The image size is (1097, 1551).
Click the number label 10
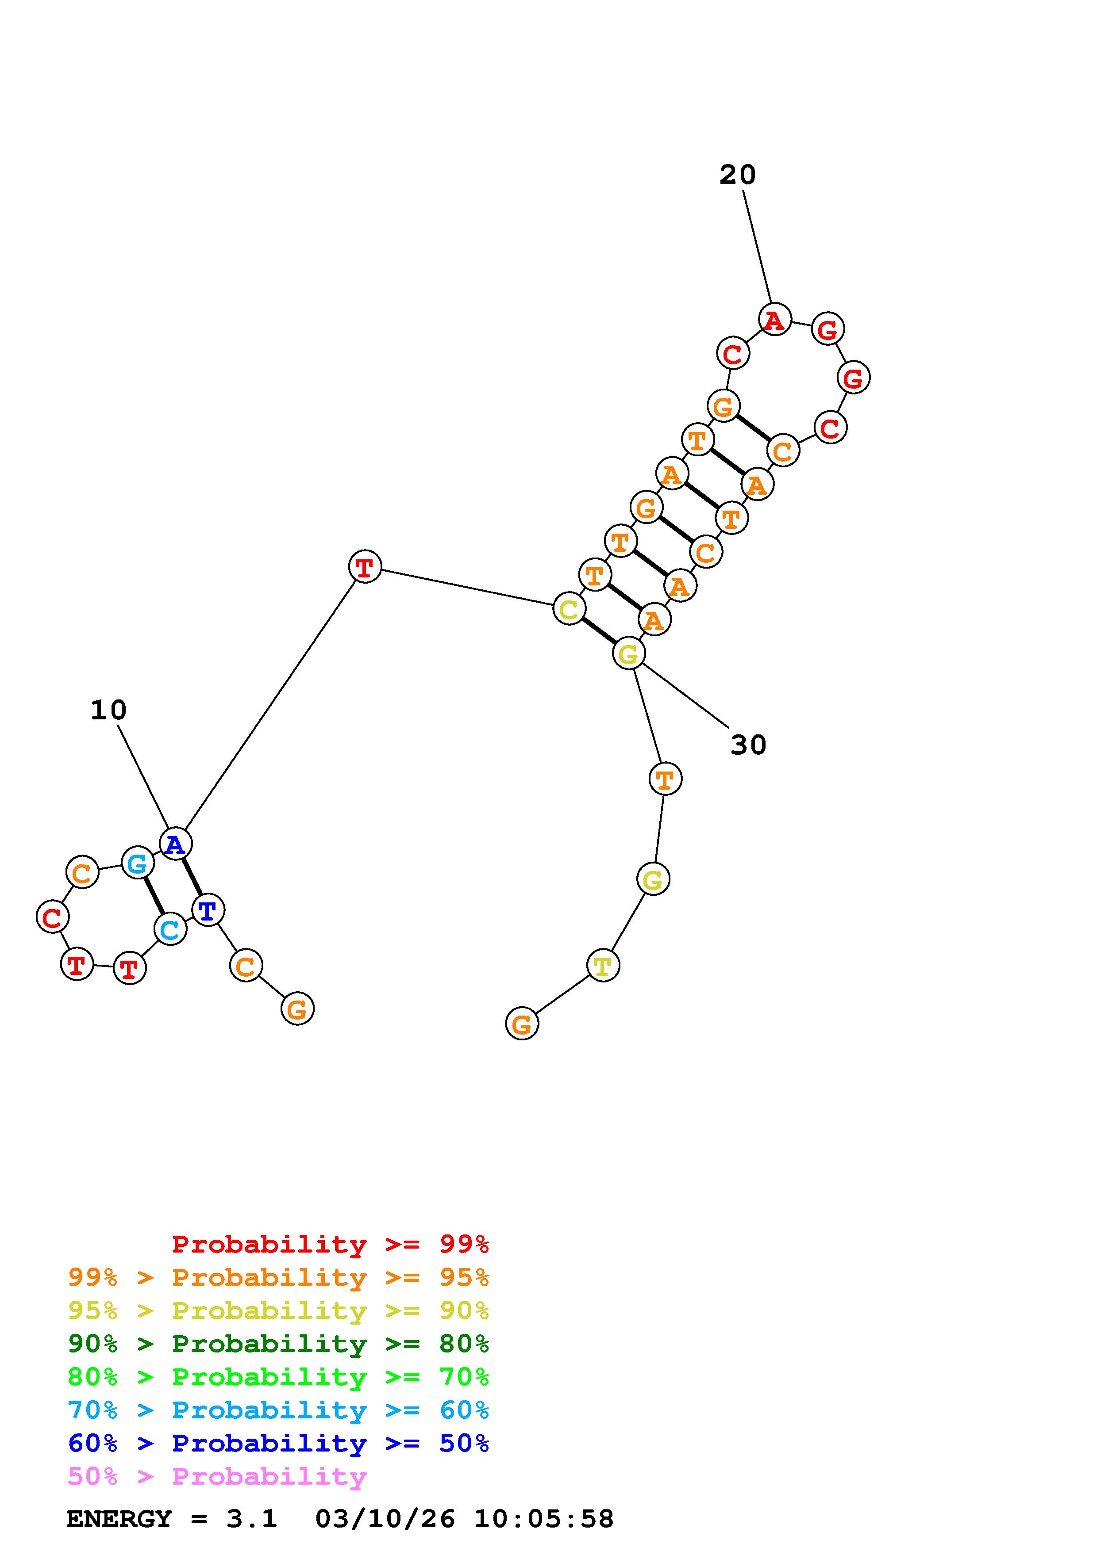click(108, 710)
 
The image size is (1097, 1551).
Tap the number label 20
click(737, 175)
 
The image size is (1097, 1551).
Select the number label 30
click(748, 745)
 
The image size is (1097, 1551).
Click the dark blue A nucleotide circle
click(176, 844)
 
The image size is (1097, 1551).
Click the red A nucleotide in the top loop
click(774, 320)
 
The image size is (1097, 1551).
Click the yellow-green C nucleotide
click(569, 609)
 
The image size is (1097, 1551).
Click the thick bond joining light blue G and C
click(154, 896)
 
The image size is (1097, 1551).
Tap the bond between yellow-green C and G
click(599, 631)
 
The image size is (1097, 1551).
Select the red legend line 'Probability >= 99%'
click(331, 1244)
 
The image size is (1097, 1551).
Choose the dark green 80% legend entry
click(278, 1344)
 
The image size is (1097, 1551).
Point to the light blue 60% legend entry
click(278, 1410)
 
